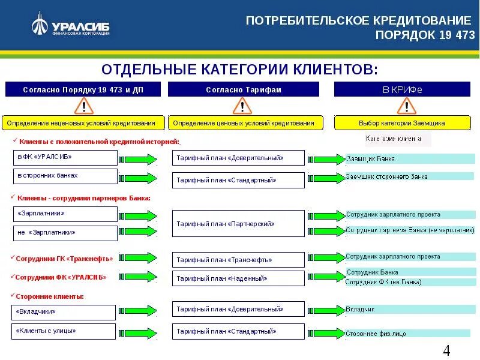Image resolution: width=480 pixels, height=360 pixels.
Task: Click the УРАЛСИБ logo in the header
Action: coord(71,26)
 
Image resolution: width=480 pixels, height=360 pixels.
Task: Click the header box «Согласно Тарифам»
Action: coord(244,89)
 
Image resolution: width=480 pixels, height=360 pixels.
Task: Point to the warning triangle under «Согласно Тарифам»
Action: coord(243,107)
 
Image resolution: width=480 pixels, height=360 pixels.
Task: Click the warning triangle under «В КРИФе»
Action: coord(406,107)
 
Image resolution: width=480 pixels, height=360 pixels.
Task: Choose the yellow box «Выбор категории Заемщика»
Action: coord(402,123)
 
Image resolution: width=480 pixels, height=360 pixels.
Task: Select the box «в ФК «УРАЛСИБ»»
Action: coord(65,158)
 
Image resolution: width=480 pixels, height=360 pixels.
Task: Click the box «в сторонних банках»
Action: coord(65,176)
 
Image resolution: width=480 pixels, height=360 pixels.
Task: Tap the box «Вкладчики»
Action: coord(63,312)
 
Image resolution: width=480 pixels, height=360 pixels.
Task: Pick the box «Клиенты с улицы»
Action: coord(63,331)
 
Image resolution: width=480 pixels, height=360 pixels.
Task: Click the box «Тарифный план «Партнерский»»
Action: coord(238,224)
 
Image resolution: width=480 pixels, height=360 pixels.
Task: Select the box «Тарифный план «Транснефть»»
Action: coord(238,260)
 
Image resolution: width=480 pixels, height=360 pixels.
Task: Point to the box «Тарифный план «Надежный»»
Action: coord(238,278)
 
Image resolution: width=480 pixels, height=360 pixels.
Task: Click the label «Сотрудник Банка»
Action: coord(372,272)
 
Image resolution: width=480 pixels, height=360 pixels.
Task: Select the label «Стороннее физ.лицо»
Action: coord(376,333)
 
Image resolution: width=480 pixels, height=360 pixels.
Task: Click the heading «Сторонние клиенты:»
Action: coord(50,296)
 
